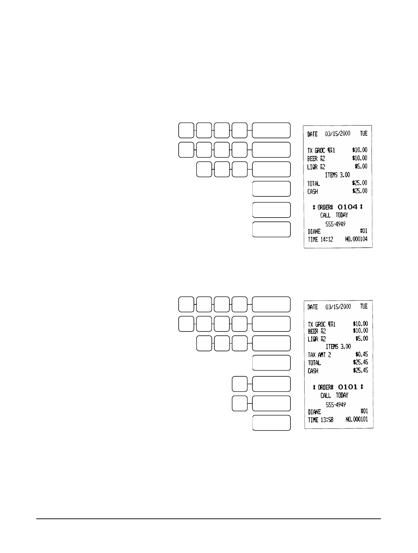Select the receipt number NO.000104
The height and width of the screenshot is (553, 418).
pos(356,239)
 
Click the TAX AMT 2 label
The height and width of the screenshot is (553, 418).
pos(319,355)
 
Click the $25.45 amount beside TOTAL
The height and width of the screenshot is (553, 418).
pos(360,362)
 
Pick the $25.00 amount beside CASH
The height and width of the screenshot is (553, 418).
pos(359,191)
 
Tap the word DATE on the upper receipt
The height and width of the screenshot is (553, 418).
pos(312,134)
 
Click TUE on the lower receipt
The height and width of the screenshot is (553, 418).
pos(363,307)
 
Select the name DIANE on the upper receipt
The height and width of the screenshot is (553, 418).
pos(314,232)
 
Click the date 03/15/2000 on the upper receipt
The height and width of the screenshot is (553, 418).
pos(338,134)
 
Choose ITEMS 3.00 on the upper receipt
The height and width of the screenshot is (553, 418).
pos(337,175)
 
